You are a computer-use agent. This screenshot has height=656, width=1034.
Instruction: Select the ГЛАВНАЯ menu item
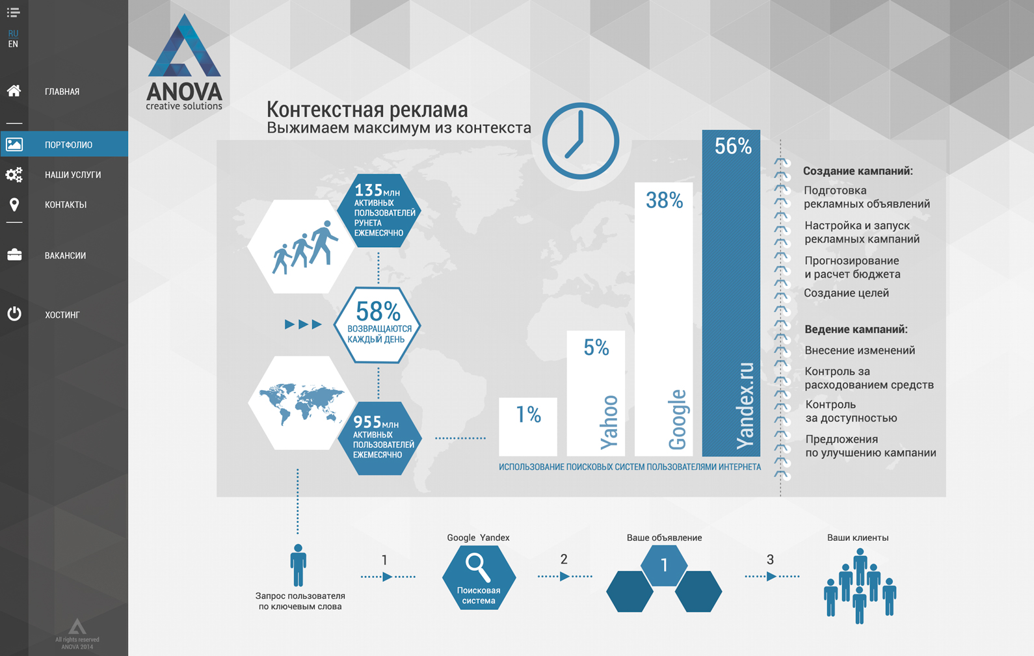62,92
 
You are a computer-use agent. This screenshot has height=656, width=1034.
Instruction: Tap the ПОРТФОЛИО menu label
68,145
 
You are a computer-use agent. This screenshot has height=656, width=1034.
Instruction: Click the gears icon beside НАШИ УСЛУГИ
14,174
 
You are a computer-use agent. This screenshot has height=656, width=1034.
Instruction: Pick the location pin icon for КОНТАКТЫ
14,205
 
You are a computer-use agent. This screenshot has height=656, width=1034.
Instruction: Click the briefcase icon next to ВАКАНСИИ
14,255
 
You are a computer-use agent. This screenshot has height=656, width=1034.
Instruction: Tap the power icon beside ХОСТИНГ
14,314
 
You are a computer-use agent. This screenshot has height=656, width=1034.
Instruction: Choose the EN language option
13,44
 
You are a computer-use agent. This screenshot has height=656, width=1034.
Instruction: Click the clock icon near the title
580,141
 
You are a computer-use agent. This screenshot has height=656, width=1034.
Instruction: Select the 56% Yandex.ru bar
731,293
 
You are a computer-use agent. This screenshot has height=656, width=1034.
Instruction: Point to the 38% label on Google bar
664,200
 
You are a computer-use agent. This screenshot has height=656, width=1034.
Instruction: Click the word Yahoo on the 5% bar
609,422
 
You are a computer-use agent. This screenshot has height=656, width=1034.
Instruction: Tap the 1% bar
528,427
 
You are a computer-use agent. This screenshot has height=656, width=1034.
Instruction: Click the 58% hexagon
377,325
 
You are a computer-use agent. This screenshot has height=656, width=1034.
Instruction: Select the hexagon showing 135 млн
378,211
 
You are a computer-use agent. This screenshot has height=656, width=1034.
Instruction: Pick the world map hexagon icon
302,402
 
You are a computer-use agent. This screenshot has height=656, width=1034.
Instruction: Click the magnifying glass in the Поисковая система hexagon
478,568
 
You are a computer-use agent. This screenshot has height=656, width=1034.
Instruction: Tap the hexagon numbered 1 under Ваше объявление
664,565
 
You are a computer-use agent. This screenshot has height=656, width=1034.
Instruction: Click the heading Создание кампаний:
858,171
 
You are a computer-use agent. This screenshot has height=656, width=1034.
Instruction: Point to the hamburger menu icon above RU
13,12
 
